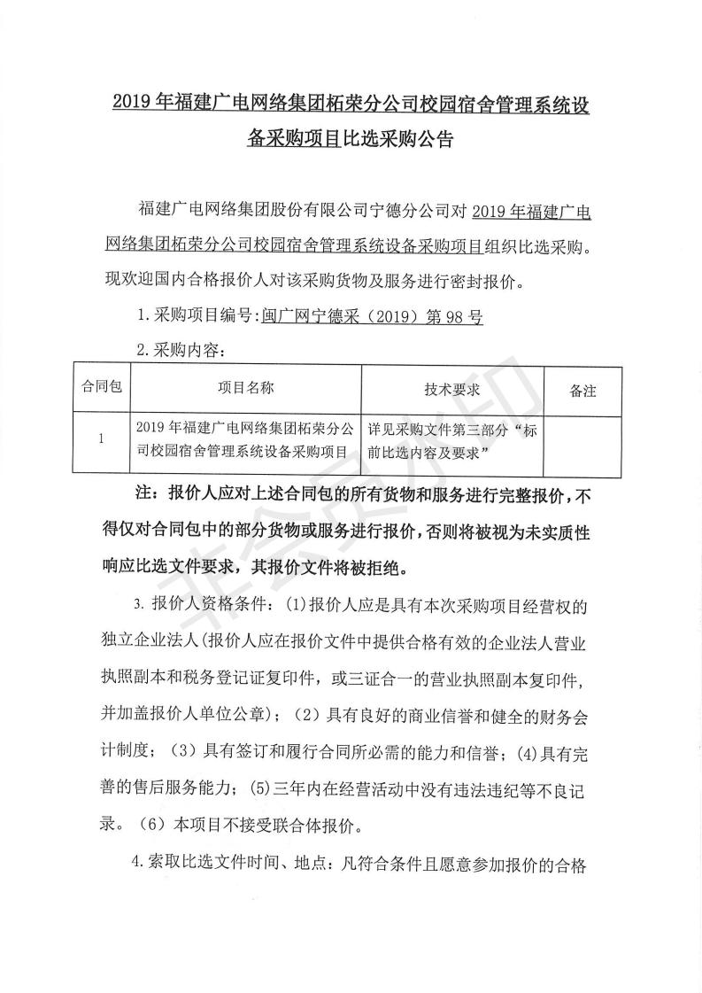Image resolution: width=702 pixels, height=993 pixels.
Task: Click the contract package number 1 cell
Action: point(101,438)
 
